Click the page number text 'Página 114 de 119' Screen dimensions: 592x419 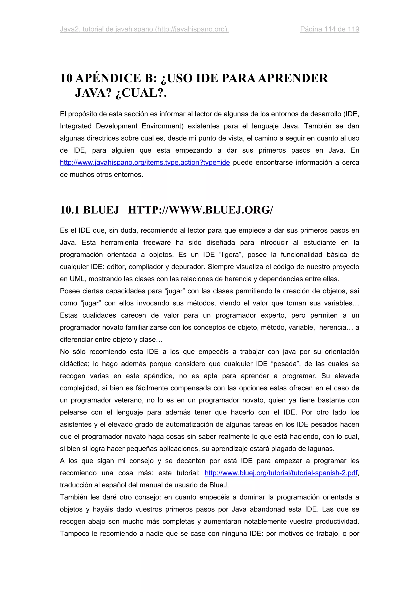329,29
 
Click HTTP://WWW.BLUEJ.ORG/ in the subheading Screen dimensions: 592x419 200,210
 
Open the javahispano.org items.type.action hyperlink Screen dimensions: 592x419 145,162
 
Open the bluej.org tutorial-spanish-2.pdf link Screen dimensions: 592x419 281,473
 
